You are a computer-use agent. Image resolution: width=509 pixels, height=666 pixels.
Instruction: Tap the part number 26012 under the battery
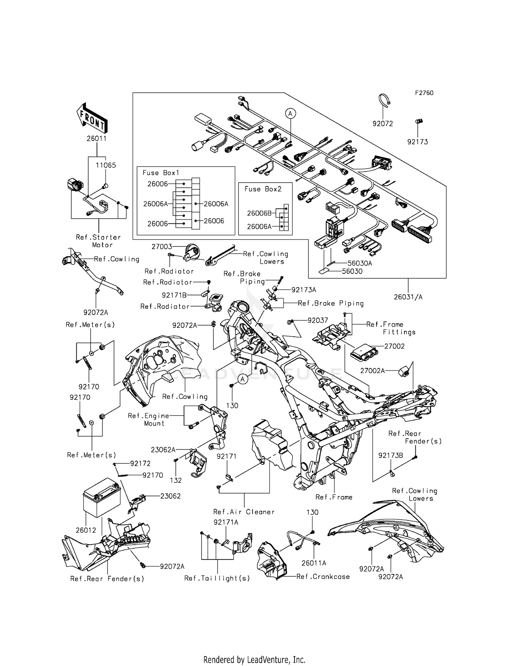click(x=86, y=530)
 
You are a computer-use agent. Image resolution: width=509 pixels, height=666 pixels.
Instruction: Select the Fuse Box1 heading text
click(x=161, y=173)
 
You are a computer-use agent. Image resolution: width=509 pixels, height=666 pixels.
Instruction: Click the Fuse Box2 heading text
click(x=263, y=189)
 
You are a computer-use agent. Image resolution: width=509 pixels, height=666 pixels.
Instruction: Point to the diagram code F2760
click(x=424, y=93)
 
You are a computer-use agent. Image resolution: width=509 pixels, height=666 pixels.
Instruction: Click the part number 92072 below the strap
click(x=382, y=124)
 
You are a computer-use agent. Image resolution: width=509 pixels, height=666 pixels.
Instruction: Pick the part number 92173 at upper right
click(x=417, y=142)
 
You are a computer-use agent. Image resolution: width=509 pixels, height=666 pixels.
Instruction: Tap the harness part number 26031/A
click(x=408, y=297)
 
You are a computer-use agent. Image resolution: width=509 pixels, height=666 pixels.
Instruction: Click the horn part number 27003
click(x=162, y=247)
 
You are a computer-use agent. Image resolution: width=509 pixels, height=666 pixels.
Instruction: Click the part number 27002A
click(x=372, y=371)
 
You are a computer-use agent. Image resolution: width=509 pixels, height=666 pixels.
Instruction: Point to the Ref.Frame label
click(x=334, y=497)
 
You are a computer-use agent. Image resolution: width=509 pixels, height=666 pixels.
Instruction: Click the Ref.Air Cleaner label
click(x=244, y=512)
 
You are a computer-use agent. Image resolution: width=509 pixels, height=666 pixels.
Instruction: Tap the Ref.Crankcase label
click(x=323, y=576)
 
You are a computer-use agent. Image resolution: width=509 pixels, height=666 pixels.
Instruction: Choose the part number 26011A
click(x=314, y=563)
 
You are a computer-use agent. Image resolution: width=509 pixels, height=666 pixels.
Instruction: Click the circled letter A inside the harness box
click(x=290, y=113)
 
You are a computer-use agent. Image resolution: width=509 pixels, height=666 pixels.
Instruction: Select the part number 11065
click(x=106, y=165)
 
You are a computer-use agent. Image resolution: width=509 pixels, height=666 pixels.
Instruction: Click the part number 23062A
click(x=163, y=450)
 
